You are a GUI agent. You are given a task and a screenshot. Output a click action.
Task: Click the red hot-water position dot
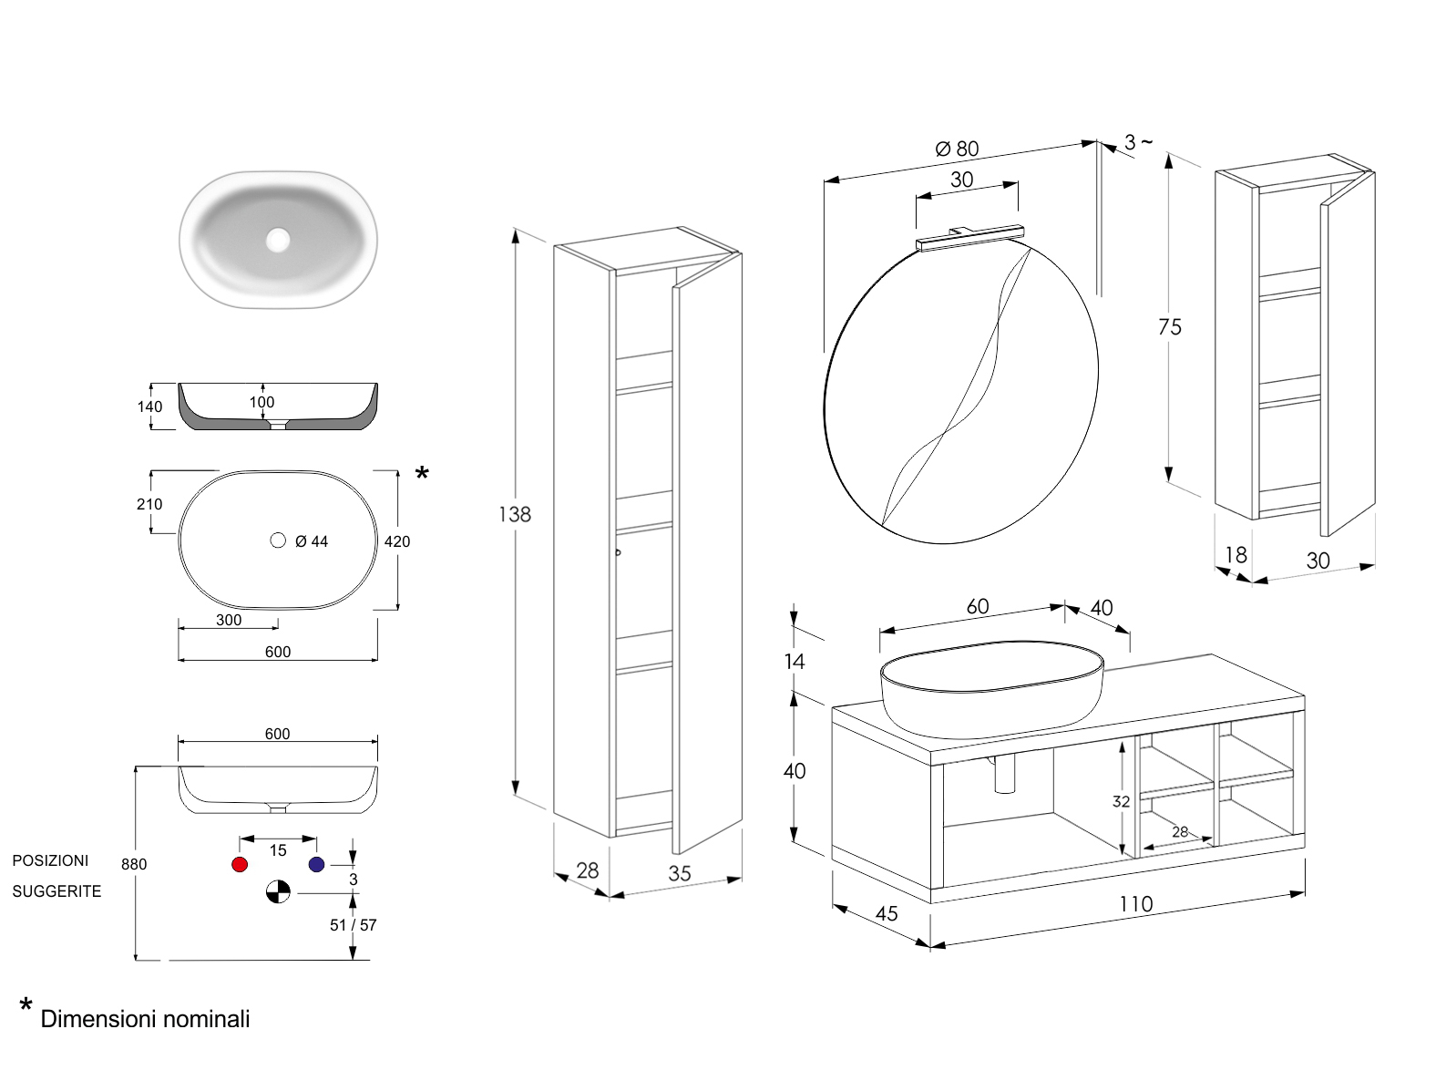(240, 864)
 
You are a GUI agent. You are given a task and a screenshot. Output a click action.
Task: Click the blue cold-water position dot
(316, 864)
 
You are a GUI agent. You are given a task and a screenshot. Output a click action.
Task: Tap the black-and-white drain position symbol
(278, 891)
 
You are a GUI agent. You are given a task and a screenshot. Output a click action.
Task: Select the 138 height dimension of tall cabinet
(514, 514)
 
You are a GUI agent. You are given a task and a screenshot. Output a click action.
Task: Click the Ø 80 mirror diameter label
(957, 149)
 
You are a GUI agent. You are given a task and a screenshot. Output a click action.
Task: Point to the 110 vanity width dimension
(1135, 904)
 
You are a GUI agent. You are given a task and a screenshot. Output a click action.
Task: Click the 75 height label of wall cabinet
(1170, 327)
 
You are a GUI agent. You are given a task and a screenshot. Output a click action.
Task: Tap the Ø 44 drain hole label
(311, 541)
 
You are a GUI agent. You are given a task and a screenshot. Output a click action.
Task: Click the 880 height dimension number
(134, 864)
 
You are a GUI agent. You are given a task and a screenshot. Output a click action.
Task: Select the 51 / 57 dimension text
(353, 925)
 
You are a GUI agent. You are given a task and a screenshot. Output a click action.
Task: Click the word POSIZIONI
(50, 860)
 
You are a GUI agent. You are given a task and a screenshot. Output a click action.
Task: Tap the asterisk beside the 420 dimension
(422, 473)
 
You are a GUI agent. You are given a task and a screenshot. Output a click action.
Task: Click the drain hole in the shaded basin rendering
(278, 240)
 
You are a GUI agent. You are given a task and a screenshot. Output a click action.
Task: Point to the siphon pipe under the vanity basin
(1005, 775)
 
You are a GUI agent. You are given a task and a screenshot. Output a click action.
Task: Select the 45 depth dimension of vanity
(886, 913)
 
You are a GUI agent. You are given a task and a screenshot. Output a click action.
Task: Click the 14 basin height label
(795, 661)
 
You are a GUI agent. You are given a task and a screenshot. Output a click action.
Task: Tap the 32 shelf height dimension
(1121, 801)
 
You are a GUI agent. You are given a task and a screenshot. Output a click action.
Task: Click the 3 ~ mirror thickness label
(1137, 142)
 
